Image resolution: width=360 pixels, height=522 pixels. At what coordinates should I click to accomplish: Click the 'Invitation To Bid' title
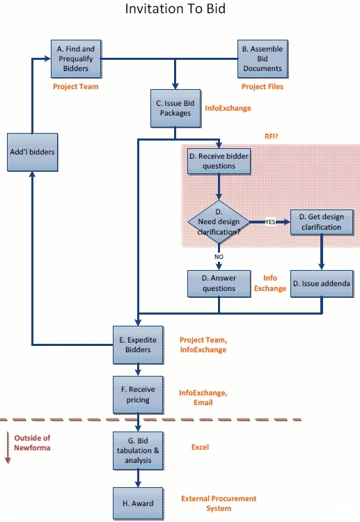click(x=175, y=8)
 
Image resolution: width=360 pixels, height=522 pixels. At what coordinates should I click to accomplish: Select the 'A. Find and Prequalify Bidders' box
click(x=76, y=59)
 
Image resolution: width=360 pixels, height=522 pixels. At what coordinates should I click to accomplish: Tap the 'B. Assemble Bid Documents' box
click(x=263, y=59)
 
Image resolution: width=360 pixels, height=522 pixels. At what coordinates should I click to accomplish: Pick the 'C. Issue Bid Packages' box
click(x=175, y=108)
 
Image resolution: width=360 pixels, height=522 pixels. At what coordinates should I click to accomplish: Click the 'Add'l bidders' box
click(x=32, y=152)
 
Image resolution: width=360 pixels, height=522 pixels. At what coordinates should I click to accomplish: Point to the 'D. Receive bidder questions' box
click(x=219, y=161)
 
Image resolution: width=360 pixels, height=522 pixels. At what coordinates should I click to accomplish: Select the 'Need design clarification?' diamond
click(x=219, y=222)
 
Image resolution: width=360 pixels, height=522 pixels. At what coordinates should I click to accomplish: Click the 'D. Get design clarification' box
click(x=322, y=222)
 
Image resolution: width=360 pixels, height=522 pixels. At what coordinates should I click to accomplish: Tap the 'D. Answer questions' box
click(x=219, y=283)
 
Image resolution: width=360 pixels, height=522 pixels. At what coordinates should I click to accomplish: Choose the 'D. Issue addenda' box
click(x=322, y=283)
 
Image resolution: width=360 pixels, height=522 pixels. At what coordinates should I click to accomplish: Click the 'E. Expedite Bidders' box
click(x=138, y=345)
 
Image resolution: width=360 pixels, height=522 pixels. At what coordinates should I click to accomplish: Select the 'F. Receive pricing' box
click(x=138, y=395)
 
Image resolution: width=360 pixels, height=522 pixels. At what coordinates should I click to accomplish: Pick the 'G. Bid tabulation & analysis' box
click(x=138, y=451)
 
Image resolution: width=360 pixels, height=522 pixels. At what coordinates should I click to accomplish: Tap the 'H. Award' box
click(x=138, y=503)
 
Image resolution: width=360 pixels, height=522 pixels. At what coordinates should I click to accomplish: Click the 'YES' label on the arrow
click(x=270, y=222)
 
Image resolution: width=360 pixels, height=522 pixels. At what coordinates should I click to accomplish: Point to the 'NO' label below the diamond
click(x=219, y=257)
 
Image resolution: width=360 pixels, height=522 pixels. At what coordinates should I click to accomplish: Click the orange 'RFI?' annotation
click(x=271, y=136)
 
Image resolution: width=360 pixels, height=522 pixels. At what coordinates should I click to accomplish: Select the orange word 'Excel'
click(x=200, y=447)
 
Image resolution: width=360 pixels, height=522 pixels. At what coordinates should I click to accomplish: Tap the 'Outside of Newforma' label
click(x=32, y=443)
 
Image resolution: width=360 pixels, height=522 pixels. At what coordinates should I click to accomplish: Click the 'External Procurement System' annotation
click(x=219, y=503)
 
